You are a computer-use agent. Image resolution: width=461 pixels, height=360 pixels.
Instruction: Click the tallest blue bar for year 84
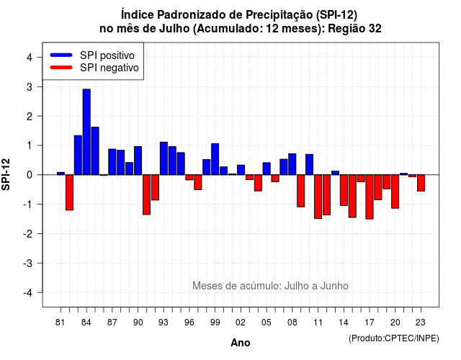coord(86,132)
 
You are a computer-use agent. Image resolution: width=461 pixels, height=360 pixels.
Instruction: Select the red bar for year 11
coord(318,197)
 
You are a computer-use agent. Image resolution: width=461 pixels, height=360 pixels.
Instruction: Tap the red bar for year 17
coord(370,197)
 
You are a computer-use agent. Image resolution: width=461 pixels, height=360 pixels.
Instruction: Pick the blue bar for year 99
coord(215,159)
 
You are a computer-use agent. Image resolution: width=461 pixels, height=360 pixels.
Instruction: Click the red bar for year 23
coord(421,183)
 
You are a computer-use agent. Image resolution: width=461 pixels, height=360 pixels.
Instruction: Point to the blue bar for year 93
coord(164,158)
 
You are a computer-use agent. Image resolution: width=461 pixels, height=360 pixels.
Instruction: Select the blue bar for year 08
coord(292,164)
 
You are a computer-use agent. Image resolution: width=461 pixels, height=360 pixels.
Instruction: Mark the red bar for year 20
coord(395,192)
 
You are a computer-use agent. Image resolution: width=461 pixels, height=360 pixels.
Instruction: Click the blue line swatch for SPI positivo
coord(61,55)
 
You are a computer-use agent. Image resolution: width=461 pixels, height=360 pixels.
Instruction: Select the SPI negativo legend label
coord(109,68)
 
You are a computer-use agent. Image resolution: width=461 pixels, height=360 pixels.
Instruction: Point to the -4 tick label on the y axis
coord(29,293)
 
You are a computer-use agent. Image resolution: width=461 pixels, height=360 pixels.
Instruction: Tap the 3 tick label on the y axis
coord(30,87)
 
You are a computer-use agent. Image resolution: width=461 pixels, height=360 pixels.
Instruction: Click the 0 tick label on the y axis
coord(30,175)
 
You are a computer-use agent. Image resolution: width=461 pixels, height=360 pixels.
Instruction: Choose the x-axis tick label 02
coord(240,323)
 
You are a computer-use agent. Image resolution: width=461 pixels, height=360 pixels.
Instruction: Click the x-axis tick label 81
coord(60,323)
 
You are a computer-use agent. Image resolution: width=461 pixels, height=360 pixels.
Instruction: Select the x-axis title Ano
coord(241,343)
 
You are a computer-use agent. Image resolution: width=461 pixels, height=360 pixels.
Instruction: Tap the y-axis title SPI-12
coord(6,174)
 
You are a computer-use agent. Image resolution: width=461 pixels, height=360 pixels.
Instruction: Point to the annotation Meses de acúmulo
coord(237,286)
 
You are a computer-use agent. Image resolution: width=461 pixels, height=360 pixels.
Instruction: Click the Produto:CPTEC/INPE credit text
coord(394,338)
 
